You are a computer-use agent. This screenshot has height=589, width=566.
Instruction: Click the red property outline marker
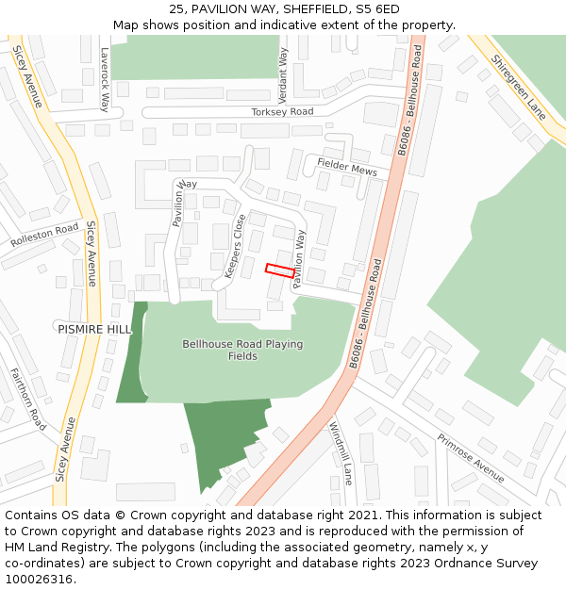(280, 270)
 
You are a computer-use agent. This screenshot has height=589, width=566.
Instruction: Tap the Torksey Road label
(282, 112)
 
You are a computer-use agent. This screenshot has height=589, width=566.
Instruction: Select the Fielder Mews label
(346, 168)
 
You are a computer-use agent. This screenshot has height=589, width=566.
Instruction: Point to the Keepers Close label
(234, 246)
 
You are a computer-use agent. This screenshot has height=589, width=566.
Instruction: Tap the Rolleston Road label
(44, 235)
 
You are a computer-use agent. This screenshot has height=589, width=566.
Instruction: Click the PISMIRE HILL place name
(94, 328)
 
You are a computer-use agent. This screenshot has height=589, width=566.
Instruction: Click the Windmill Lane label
(340, 453)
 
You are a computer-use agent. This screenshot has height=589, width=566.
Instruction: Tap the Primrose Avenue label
(470, 457)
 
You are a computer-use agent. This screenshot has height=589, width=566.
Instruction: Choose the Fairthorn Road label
(27, 400)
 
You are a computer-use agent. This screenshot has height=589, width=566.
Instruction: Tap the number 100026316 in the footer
(42, 579)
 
